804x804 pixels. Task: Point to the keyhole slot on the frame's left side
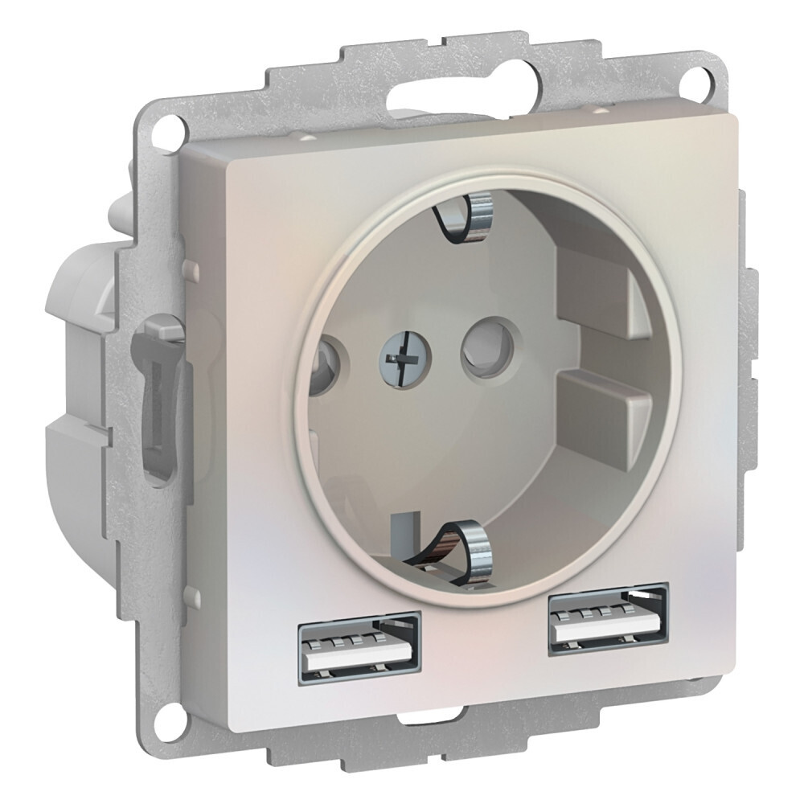point(154,402)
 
